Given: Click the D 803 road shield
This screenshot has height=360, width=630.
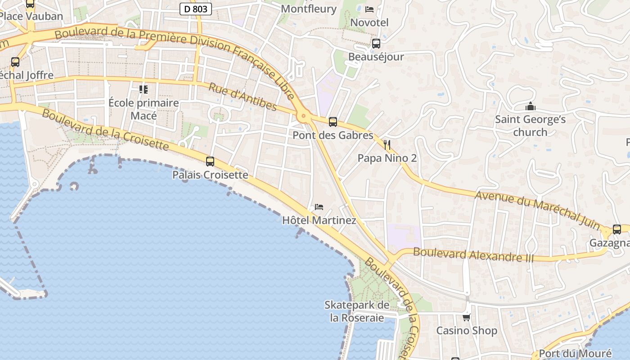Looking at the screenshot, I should click(x=196, y=9).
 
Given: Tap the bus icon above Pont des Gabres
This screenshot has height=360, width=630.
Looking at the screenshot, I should click(x=333, y=121).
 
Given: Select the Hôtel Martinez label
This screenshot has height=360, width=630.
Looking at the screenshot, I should click(x=319, y=220).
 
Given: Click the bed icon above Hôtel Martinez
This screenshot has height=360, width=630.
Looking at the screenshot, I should click(x=319, y=207).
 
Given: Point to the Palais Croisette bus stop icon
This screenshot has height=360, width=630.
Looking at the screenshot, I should click(x=210, y=161).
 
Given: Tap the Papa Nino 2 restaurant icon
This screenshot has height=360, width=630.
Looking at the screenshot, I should click(x=387, y=144).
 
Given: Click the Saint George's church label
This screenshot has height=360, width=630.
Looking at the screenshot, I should click(x=530, y=126).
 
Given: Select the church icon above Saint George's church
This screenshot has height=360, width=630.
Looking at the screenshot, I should click(x=531, y=107).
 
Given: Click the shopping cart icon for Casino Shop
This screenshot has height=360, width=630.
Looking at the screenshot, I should click(x=467, y=317).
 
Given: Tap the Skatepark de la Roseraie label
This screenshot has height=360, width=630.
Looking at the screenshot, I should click(x=357, y=311).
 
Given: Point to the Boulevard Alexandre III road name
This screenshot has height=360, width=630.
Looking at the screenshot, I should click(x=473, y=255).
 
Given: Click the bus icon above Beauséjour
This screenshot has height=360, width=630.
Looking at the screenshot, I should click(x=376, y=44).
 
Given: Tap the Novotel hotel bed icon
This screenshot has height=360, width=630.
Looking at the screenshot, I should click(x=369, y=9).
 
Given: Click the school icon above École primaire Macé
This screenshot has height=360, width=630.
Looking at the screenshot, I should click(x=144, y=89).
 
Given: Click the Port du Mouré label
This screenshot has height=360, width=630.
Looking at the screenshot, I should click(x=575, y=353).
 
